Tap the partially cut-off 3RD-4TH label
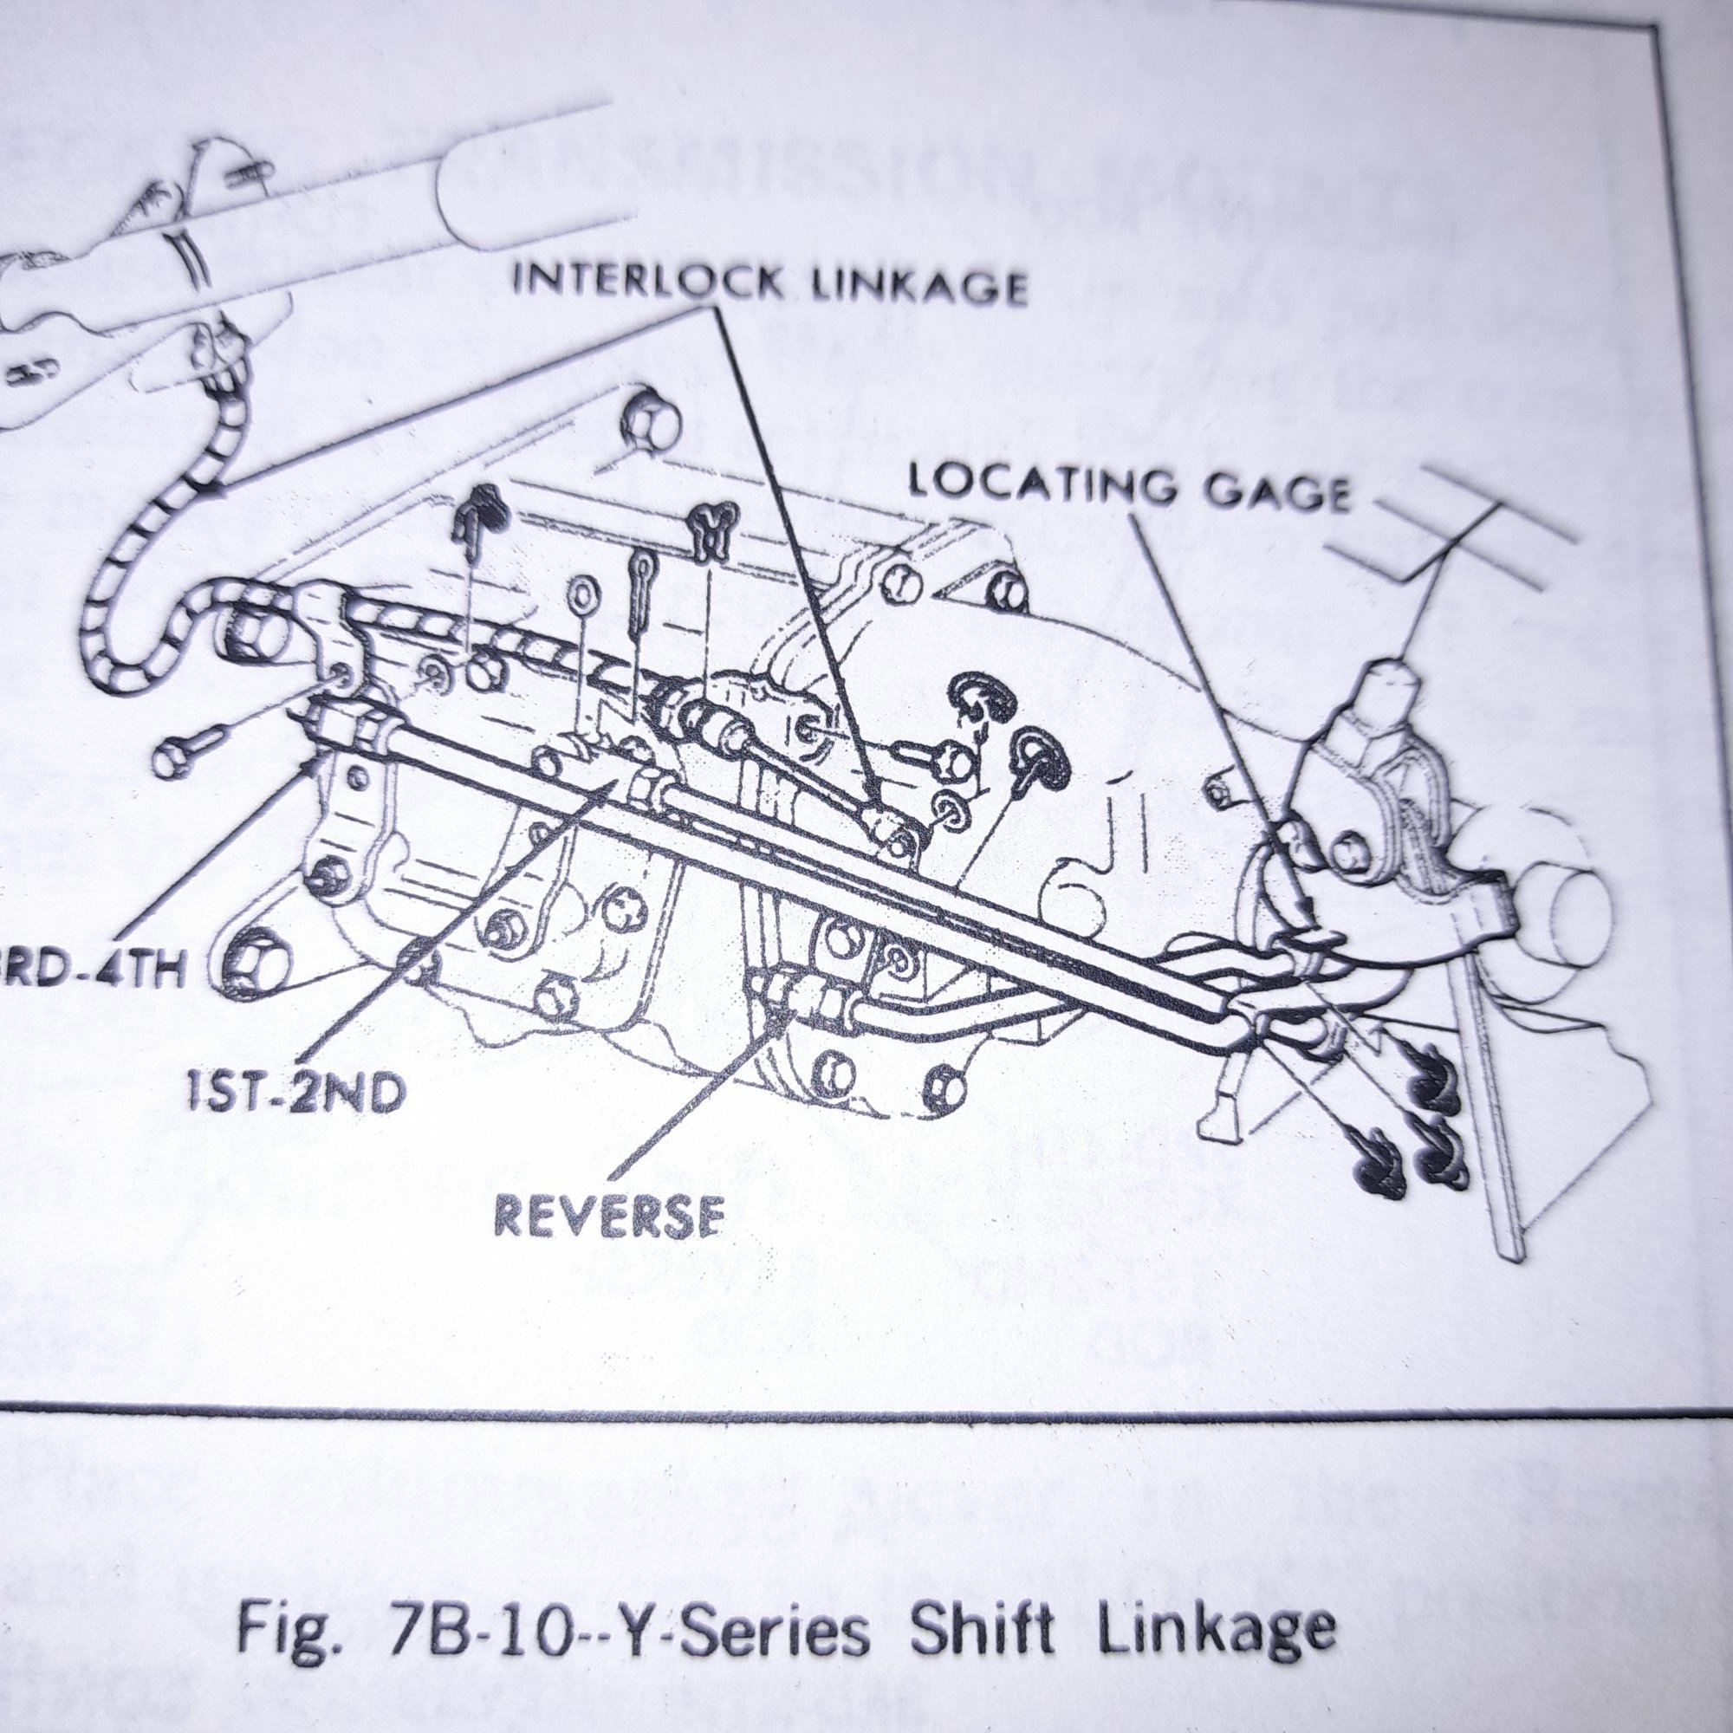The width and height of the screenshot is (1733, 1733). coord(90,970)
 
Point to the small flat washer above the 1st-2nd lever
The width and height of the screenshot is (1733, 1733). coord(585,593)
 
